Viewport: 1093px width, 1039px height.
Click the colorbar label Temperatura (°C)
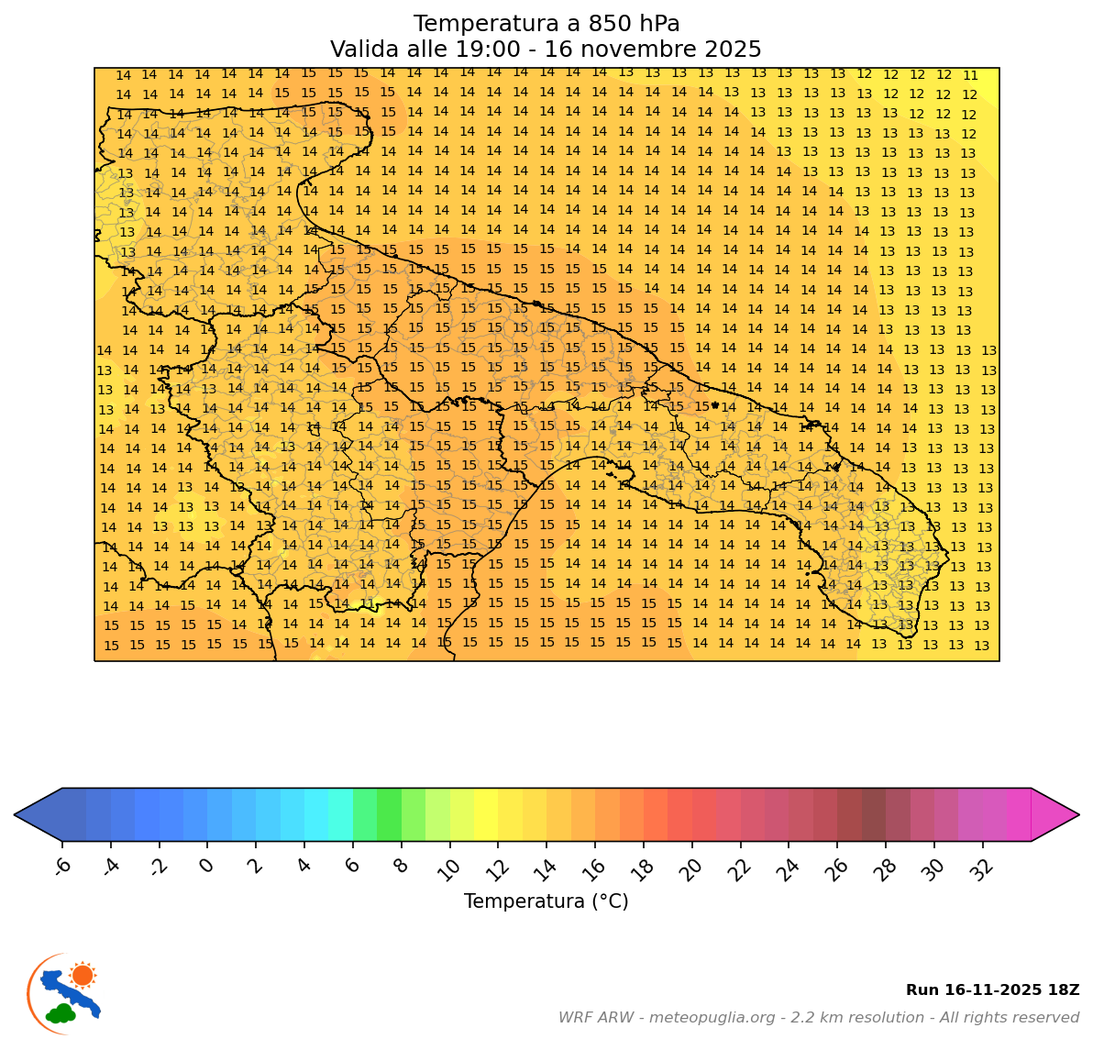click(546, 902)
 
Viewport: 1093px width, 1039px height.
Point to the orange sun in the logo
click(83, 975)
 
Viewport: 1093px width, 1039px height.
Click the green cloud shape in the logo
click(61, 1013)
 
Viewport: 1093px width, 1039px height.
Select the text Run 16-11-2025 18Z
click(992, 990)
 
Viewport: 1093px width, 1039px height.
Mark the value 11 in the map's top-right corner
click(970, 76)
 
